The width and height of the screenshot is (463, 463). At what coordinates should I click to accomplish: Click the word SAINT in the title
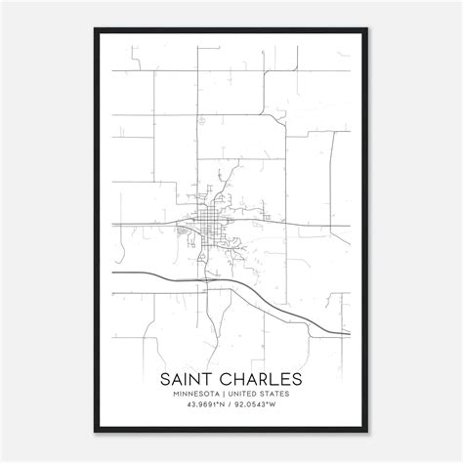pyautogui.click(x=194, y=378)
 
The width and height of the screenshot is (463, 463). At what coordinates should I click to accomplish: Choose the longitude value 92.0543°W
pyautogui.click(x=259, y=406)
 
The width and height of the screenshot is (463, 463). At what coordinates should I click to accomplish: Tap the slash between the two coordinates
pyautogui.click(x=231, y=406)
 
